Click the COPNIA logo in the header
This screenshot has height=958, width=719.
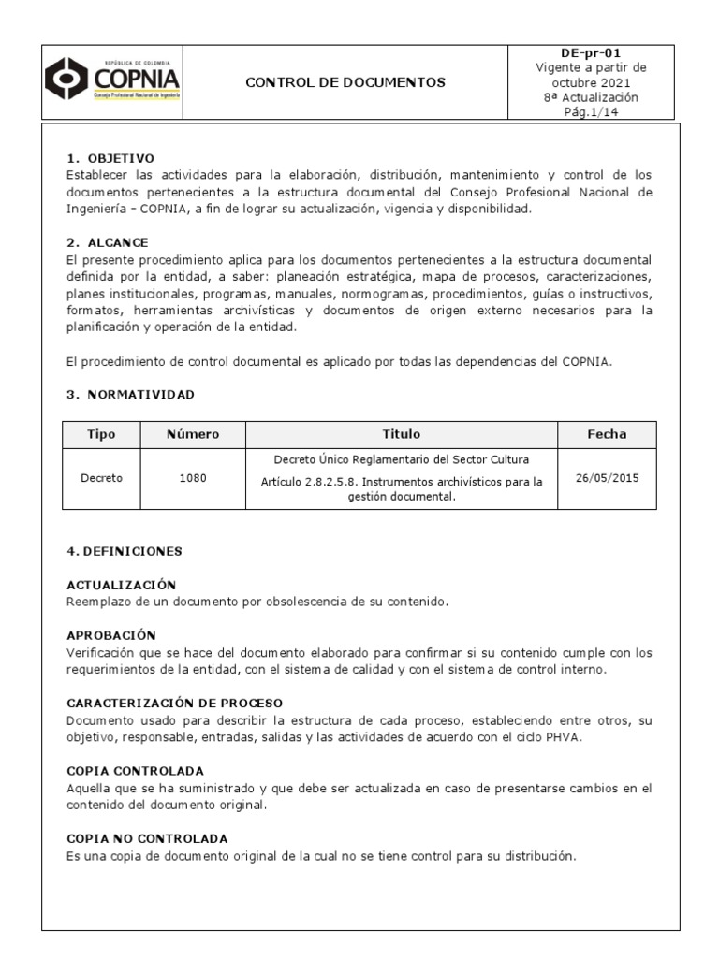click(x=112, y=81)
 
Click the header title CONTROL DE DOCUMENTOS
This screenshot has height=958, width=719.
click(x=345, y=82)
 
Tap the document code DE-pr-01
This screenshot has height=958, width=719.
click(x=591, y=53)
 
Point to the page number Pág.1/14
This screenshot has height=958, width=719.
click(x=591, y=112)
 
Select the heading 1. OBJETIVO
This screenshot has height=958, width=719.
click(x=110, y=158)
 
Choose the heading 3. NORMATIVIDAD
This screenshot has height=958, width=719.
click(x=131, y=394)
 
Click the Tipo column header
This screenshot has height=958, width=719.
click(x=101, y=434)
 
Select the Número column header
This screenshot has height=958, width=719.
click(x=193, y=434)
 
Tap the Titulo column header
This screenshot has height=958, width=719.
click(x=402, y=434)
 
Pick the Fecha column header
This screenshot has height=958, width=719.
click(x=607, y=434)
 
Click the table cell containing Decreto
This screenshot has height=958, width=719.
click(x=101, y=478)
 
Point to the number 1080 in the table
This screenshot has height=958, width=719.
click(x=193, y=478)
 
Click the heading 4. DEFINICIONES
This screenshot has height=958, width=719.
click(x=125, y=551)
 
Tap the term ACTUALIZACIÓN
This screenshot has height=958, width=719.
click(x=122, y=585)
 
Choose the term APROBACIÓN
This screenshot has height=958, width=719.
click(x=111, y=635)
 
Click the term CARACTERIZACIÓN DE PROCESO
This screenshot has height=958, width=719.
click(x=175, y=703)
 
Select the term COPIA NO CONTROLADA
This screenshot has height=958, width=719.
click(x=148, y=838)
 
